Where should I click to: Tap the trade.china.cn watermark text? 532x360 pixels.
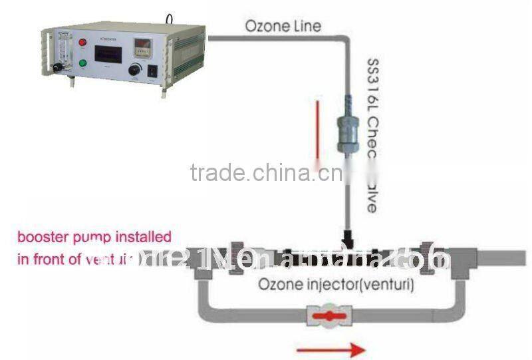tap(266, 173)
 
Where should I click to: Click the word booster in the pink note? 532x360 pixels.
tap(41, 238)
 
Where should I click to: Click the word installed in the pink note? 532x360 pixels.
tap(146, 238)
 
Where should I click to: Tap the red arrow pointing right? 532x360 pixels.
tap(331, 349)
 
